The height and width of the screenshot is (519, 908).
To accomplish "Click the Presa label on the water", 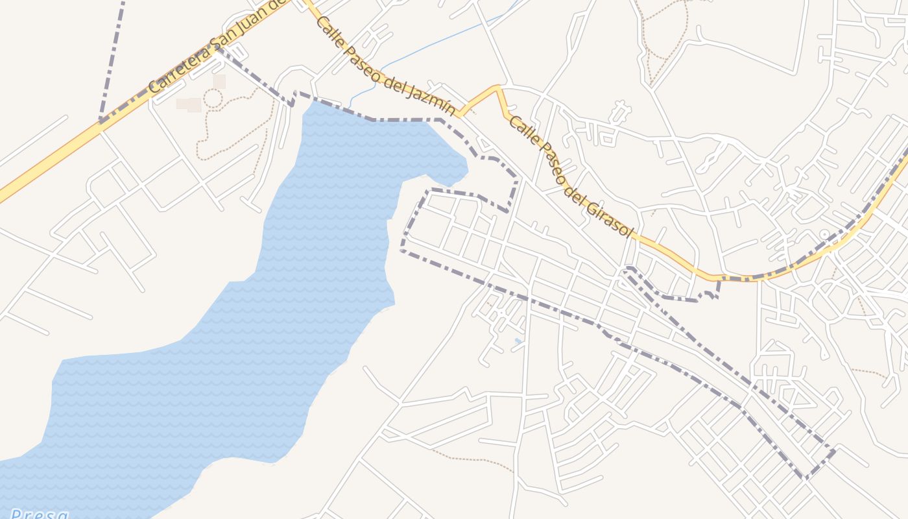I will click(39, 514).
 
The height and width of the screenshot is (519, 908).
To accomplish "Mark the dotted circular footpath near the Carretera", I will click(213, 99).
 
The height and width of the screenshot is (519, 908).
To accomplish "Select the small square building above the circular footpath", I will click(219, 81).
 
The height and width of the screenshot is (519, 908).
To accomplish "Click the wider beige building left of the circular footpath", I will click(189, 104).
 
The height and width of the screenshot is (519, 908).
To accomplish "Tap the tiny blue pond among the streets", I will click(518, 341).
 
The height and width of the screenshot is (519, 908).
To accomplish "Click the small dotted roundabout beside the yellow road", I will click(824, 234).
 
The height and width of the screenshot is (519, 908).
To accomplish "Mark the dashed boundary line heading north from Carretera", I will click(112, 58).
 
